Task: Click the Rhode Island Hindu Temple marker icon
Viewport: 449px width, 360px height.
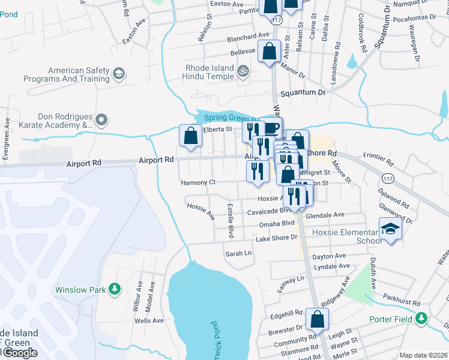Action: pos(243,72)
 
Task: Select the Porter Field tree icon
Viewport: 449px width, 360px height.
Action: pos(423,319)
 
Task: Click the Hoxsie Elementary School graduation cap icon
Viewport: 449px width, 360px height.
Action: pos(390,229)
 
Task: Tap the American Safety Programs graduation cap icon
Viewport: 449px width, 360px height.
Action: pos(118,74)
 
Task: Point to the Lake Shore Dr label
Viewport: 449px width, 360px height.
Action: pos(277,238)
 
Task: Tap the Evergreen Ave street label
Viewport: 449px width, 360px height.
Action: pos(7,139)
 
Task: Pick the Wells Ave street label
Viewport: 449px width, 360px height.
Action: pos(149,321)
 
